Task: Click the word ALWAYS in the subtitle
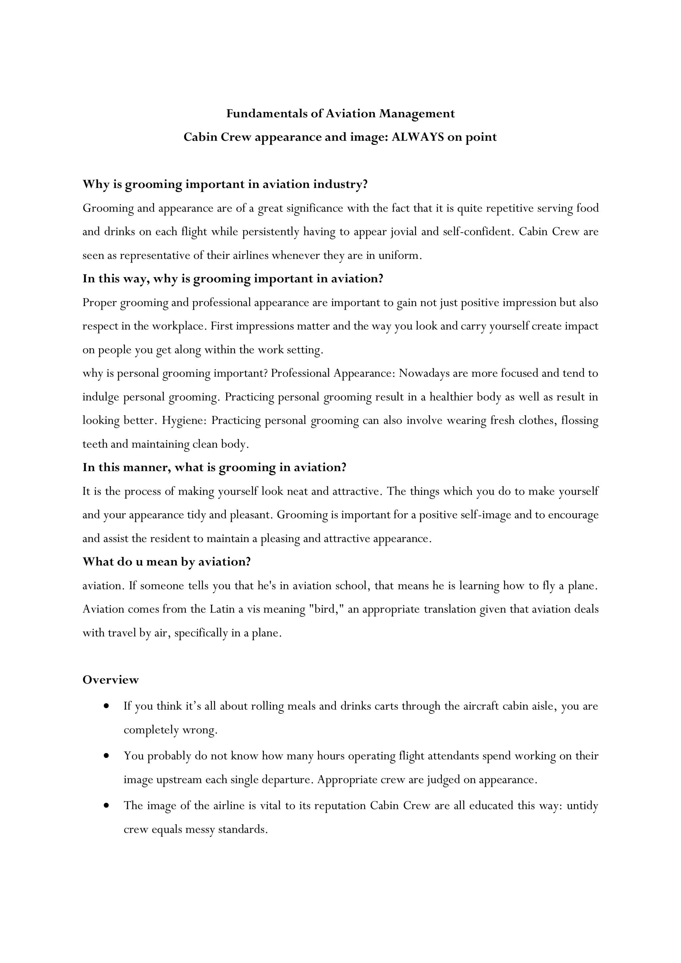coord(418,137)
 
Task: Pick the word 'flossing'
coord(580,421)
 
